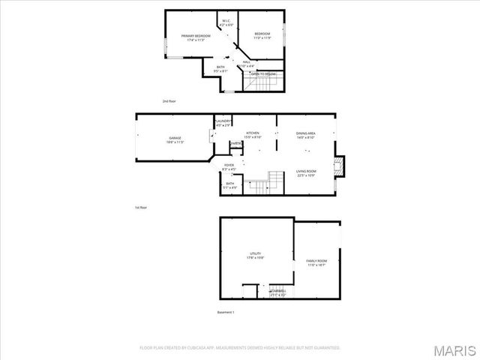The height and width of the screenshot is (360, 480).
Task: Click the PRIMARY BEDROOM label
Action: pyautogui.click(x=195, y=36)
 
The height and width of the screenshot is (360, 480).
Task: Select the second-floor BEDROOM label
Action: pyautogui.click(x=262, y=34)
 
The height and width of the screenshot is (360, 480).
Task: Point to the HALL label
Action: pyautogui.click(x=245, y=62)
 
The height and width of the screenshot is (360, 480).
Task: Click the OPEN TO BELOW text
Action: pyautogui.click(x=263, y=74)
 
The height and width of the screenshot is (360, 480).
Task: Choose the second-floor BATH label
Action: pyautogui.click(x=220, y=67)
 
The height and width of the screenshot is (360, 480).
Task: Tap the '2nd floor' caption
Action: pyautogui.click(x=169, y=100)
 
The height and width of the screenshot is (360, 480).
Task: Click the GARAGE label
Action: pyautogui.click(x=175, y=139)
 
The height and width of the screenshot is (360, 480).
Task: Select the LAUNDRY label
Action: pyautogui.click(x=223, y=121)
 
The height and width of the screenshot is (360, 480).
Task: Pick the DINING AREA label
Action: pyautogui.click(x=306, y=133)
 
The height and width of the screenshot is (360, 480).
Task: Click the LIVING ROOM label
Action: pyautogui.click(x=305, y=171)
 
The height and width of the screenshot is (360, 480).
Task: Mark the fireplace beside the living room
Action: pyautogui.click(x=340, y=166)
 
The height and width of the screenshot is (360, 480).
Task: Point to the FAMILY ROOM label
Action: pyautogui.click(x=316, y=261)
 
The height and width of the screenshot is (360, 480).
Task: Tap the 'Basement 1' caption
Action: pyautogui.click(x=226, y=311)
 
